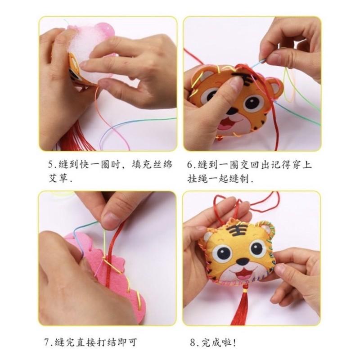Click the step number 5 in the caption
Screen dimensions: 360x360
51,165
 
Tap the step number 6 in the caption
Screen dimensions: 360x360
190,165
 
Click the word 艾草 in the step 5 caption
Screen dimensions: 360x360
57,178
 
